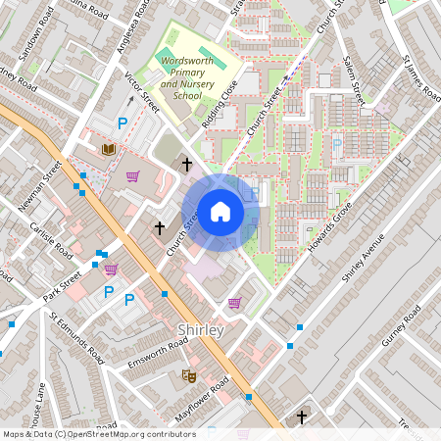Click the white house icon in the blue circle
pos(220,212)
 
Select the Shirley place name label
pos(201,330)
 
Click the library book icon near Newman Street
pos(109,149)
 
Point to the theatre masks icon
pos(188,375)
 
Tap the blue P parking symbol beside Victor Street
pos(122,123)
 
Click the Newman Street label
pos(39,186)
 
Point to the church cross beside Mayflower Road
pos(302,417)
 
